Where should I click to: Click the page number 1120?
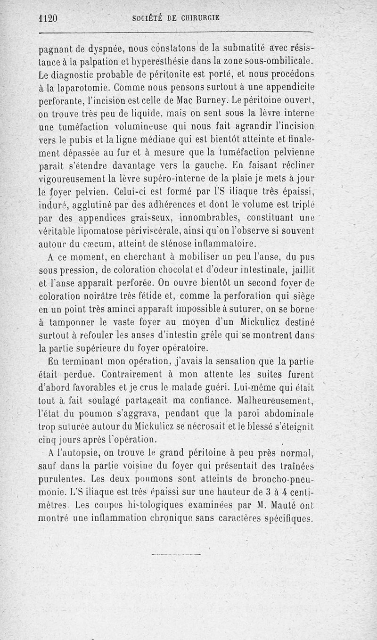coord(47,18)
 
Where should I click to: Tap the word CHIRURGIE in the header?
coord(198,18)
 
